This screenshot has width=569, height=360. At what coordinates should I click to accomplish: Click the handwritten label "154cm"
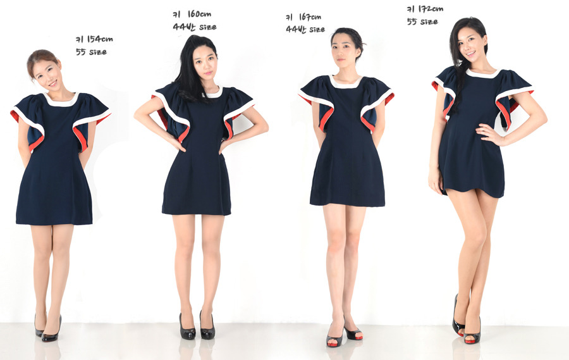(x=99, y=39)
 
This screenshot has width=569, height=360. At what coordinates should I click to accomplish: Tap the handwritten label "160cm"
(x=199, y=14)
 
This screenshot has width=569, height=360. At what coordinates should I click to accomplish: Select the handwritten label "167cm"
(x=310, y=16)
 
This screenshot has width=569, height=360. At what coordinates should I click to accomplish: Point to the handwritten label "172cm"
(x=431, y=9)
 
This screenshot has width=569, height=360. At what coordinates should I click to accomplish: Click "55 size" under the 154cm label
(x=91, y=52)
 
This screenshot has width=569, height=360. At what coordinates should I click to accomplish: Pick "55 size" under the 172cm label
(x=422, y=22)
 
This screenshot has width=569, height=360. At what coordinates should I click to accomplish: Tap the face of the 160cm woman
(x=205, y=65)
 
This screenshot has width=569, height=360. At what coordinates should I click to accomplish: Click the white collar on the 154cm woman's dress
(x=61, y=101)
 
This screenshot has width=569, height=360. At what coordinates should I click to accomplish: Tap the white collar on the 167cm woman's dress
(x=346, y=82)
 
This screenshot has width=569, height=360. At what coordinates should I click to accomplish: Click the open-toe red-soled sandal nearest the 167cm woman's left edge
(x=334, y=337)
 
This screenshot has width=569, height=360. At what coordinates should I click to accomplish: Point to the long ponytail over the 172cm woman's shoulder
(x=458, y=84)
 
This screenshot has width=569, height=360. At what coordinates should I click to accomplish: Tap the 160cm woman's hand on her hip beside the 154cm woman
(x=177, y=143)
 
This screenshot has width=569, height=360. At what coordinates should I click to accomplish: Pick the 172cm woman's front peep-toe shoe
(x=473, y=333)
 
